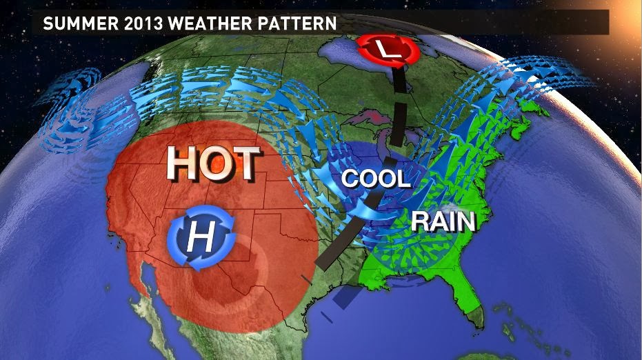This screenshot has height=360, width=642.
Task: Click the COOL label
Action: tap(376, 179)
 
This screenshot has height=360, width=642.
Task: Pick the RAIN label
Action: tap(443, 222)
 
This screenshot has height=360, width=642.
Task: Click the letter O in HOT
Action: tap(214, 164)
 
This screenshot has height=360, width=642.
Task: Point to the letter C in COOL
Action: tap(350, 179)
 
